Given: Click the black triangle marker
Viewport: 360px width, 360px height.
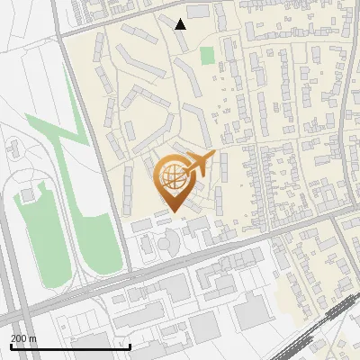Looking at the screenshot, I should coord(181,23).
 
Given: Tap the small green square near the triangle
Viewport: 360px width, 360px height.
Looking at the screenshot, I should coord(207,56).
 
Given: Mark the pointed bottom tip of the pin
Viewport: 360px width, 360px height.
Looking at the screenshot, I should coord(173,213).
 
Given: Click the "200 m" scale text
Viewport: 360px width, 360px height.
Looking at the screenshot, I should coord(22,337).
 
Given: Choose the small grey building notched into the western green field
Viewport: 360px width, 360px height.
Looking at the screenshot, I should coord(28,193).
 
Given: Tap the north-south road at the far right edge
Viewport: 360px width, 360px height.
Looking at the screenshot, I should coord(346,90).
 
